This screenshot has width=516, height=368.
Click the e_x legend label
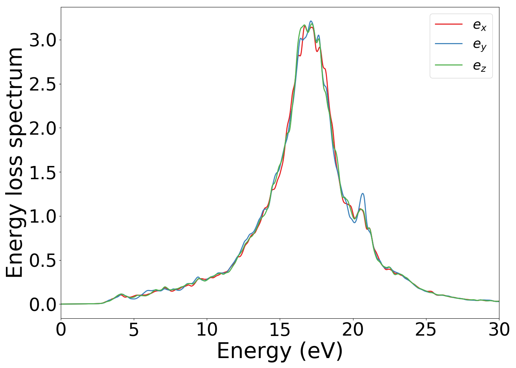coord(480,25)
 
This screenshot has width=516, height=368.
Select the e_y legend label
coord(480,45)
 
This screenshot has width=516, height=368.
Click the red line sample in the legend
coord(449,24)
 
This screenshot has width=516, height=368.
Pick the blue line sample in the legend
coord(449,44)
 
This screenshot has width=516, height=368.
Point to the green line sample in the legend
coord(449,65)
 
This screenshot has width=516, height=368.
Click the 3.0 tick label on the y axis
coord(42,40)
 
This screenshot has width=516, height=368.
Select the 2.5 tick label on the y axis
coord(42,84)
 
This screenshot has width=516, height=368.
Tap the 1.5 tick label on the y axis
coord(42,172)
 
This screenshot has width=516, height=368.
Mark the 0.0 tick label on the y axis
coord(42,305)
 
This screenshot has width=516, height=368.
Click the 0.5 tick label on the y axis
coord(42,261)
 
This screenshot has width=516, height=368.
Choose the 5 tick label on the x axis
coord(134,330)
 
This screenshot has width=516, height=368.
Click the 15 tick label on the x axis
coord(280,330)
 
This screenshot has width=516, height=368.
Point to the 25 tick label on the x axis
coord(426,330)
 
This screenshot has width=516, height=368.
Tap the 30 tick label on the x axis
coord(499,330)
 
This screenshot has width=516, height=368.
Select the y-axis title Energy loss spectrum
coord(15,162)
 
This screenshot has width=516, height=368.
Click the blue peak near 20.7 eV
coord(363,194)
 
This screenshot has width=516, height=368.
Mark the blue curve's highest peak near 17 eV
coord(311,21)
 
